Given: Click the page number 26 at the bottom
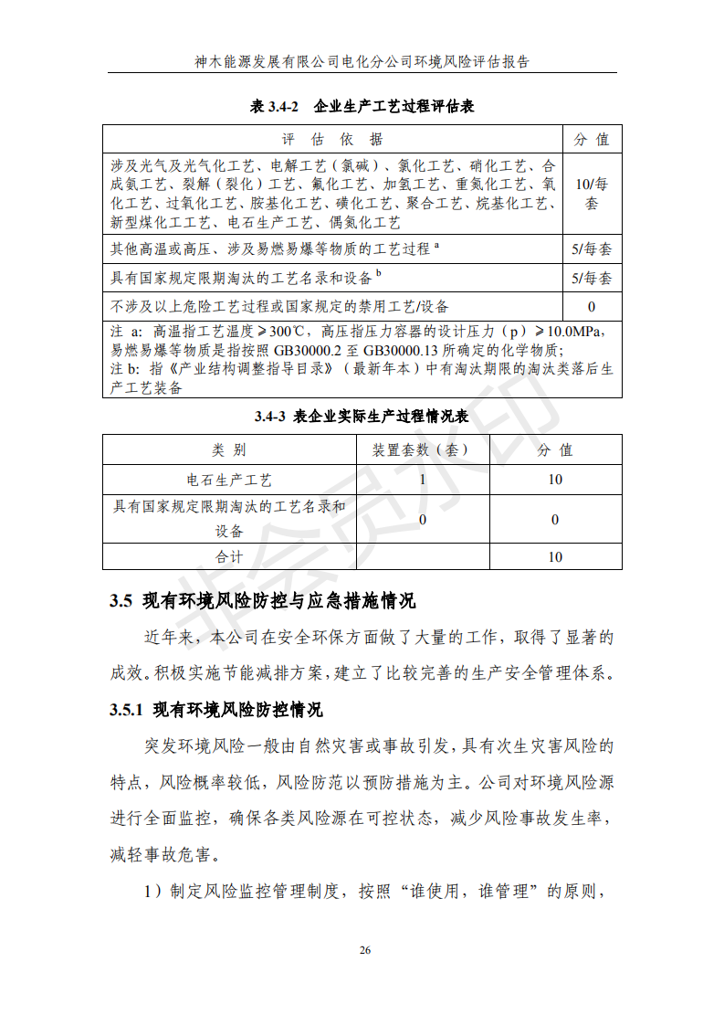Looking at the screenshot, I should point(364,951).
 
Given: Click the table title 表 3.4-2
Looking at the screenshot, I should point(276,107).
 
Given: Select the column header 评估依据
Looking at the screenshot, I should point(333,140).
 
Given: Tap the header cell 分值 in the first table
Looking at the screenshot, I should point(592,140).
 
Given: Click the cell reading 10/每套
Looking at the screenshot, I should point(592,194).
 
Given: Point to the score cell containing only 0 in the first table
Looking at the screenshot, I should point(592,307).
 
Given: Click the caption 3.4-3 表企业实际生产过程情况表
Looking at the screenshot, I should point(362,417).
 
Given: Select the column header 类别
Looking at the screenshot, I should point(229,450).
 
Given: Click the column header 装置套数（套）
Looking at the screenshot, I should point(422,450).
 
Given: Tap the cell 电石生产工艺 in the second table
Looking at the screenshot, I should point(229,480).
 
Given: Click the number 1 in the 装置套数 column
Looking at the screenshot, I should point(422,480).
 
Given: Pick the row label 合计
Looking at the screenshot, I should point(229,557).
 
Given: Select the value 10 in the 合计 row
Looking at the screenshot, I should point(555,557).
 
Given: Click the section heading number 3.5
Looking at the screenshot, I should point(122,601).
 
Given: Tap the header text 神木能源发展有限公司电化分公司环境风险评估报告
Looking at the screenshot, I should point(362,62).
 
